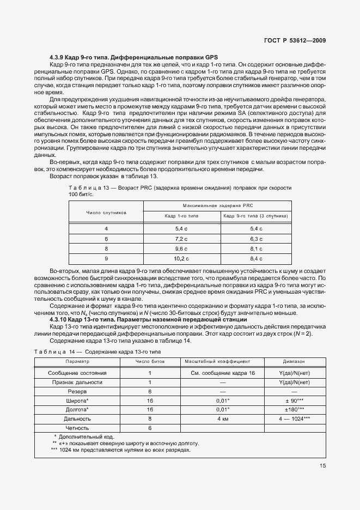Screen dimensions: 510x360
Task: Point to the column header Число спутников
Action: click(106, 212)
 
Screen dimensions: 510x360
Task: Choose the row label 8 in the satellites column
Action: click(106, 249)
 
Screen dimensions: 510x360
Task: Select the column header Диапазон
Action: click(294, 362)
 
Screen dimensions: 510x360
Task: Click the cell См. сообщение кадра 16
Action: click(222, 373)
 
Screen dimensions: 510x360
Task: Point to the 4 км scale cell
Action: click(222, 419)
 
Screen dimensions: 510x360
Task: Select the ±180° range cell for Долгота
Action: click(294, 410)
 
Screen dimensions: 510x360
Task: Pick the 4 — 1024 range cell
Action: click(294, 419)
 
